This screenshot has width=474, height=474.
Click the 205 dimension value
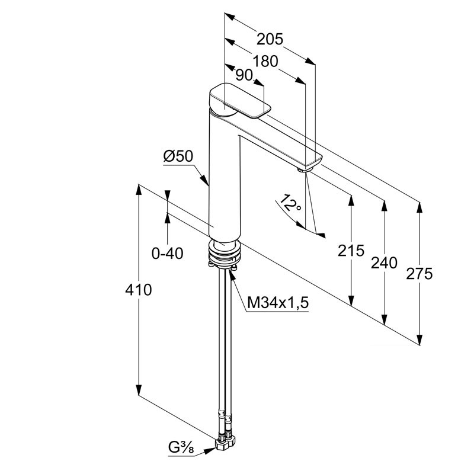270,39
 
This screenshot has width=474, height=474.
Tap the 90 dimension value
244,75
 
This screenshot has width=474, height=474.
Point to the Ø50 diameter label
178,157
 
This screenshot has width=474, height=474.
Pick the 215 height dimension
352,251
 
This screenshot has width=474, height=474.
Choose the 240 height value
385,262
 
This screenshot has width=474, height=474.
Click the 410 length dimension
139,290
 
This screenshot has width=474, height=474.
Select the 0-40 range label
168,254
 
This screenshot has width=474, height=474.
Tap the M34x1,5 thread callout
278,303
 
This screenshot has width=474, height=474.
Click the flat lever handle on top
240,100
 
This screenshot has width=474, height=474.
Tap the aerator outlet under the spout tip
305,170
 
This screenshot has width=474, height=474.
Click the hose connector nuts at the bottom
226,441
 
